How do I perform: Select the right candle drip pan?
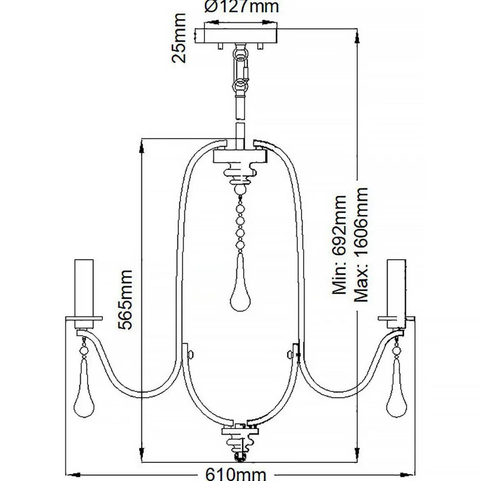coord(396,318)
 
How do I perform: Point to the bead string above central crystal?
coord(239,221)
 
